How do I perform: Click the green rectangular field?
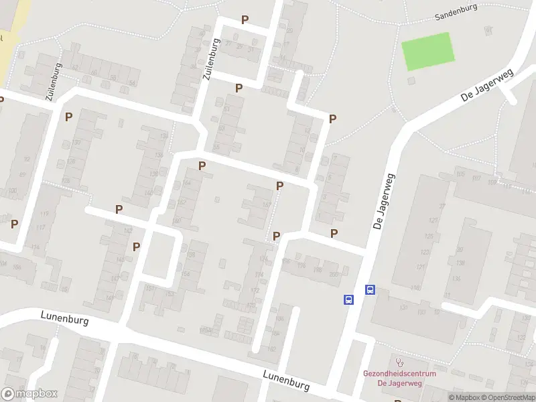(427, 51)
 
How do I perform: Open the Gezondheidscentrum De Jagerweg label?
(400, 378)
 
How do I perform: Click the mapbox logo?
(29, 394)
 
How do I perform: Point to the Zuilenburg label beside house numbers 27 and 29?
(211, 59)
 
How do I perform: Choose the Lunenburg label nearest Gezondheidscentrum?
(286, 381)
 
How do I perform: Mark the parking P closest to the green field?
(332, 119)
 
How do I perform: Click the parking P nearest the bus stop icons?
(334, 233)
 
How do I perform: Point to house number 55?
(216, 147)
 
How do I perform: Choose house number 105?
(460, 175)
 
